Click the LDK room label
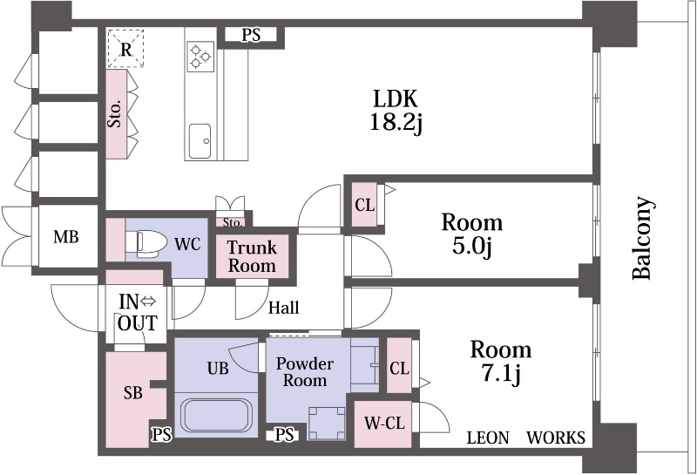396,98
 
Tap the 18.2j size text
396,123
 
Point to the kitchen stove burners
201,55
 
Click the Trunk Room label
252,256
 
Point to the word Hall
284,308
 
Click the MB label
66,237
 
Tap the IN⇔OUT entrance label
138,313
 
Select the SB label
132,393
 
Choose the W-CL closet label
383,424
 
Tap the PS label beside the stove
251,36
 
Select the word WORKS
556,438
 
